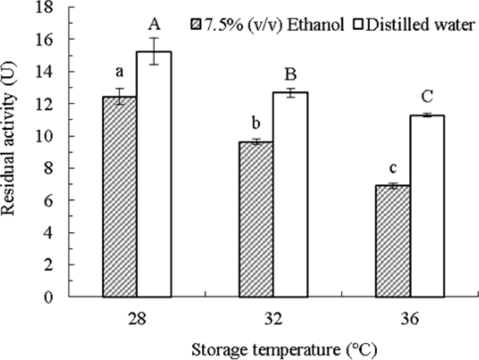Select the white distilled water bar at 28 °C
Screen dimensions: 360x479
point(153,175)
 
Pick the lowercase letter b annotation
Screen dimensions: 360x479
point(257,123)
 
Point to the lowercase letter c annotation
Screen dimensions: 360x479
point(394,168)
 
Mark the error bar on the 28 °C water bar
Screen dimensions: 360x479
point(153,52)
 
